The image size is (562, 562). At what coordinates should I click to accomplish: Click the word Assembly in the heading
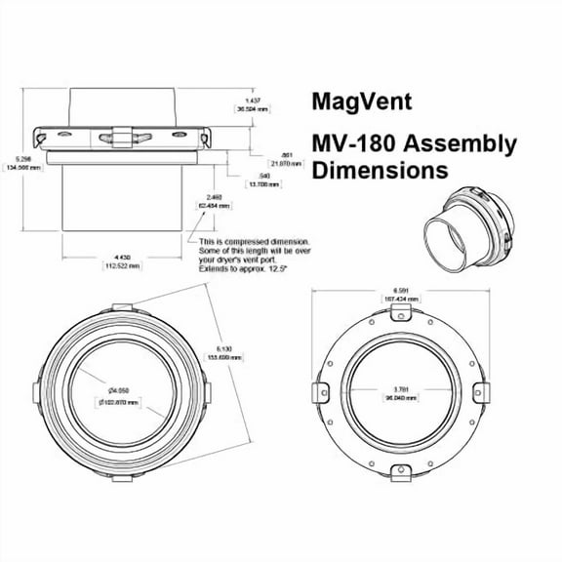point(462,145)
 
